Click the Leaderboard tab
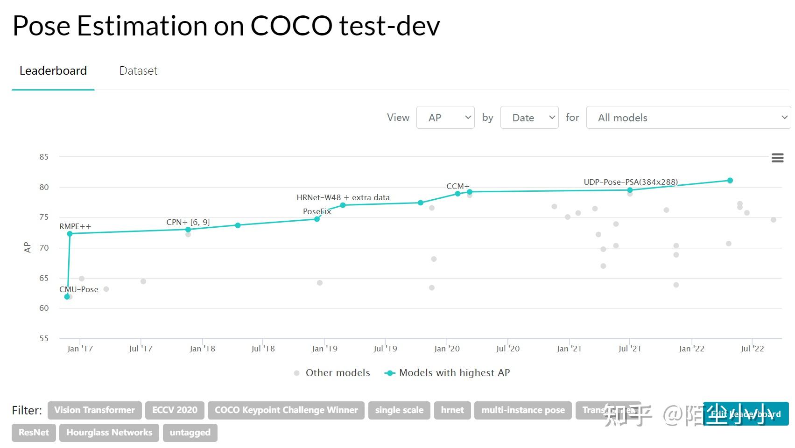coord(53,71)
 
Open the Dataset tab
coord(138,71)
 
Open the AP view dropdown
coord(445,118)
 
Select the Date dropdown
coord(529,118)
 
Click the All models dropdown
coord(688,118)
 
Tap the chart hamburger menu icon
coord(777,158)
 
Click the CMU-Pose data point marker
coord(67,297)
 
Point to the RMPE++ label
coord(75,227)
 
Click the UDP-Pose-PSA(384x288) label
coord(631,182)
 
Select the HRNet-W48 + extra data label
coord(343,198)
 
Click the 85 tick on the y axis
coord(44,157)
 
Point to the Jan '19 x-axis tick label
coord(324,349)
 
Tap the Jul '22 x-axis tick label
coord(752,349)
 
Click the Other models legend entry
coord(337,373)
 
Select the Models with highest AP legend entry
coord(454,373)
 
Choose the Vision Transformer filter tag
coord(94,410)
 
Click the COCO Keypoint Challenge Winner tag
coord(286,410)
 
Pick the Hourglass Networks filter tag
coord(109,433)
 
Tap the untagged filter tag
coord(190,433)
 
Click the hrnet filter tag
coord(452,410)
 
